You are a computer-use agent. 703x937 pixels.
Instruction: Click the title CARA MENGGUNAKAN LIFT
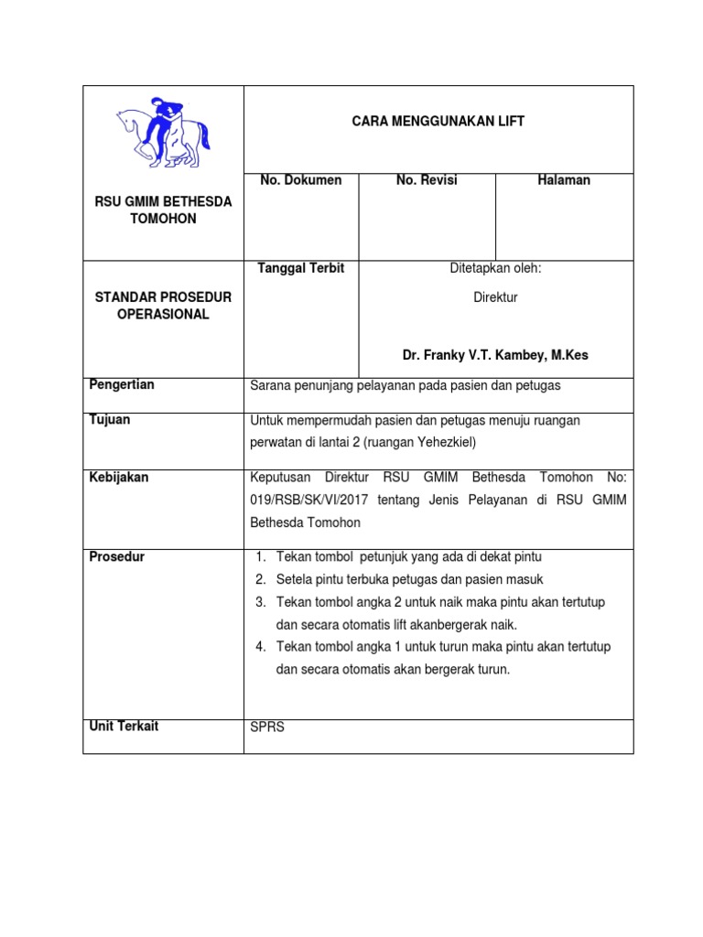coord(438,122)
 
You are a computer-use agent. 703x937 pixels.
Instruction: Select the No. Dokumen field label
coord(300,180)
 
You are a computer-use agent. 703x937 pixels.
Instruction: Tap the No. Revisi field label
coord(427,180)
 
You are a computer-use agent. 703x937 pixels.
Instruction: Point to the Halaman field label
coord(564,180)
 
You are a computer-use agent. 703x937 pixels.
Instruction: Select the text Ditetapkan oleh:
coord(495,268)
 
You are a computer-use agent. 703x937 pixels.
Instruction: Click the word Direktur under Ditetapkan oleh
coord(495,297)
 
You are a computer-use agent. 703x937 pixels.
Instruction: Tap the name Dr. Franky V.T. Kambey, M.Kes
coord(495,355)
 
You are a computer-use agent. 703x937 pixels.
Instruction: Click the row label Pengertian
coord(121,384)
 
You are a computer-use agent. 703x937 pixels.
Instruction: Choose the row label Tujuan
coord(109,419)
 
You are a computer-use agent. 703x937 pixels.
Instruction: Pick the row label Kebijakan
coord(118,477)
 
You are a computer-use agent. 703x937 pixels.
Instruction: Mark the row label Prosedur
coord(116,556)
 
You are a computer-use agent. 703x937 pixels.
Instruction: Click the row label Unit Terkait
coord(124,726)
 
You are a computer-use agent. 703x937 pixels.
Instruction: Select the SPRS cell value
coord(267,728)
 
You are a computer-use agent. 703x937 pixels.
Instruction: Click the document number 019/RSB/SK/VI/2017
coord(309,500)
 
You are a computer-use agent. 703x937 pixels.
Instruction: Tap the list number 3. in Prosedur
coord(260,602)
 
